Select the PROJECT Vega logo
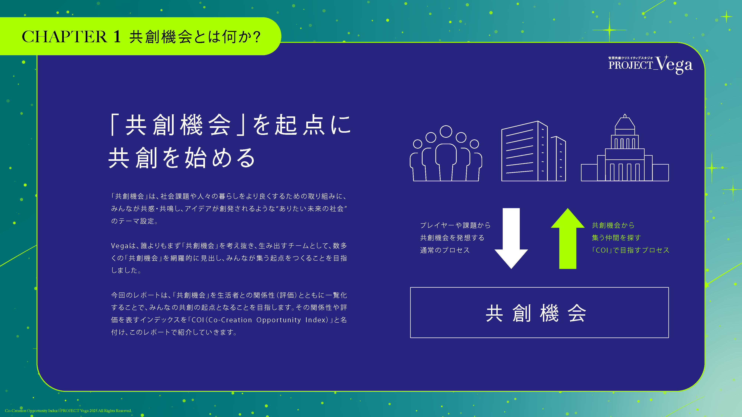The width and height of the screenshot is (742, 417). coord(650,64)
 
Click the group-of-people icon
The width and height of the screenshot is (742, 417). coord(446,153)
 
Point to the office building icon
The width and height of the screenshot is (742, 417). coord(533,151)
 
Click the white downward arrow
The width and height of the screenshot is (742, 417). coord(511,238)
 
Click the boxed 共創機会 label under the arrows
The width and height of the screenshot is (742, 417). coord(539,312)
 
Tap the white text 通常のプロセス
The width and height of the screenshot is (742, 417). coord(445,250)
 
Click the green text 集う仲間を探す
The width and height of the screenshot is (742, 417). coord(616,238)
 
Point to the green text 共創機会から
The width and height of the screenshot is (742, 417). coord(613,225)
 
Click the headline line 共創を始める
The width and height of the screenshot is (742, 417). coord(182,158)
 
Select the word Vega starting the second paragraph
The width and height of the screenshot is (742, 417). coord(119,246)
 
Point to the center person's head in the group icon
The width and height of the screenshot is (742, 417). coord(446,132)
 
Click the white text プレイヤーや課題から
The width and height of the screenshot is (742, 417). coord(455,225)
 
